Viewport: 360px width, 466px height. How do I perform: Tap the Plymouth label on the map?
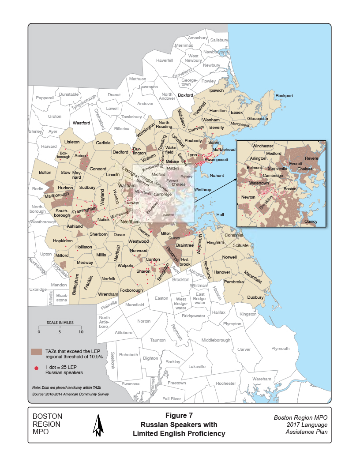click(x=280, y=349)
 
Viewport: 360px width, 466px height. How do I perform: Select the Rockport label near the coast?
click(x=284, y=96)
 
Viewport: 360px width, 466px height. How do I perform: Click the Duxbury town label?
click(x=255, y=297)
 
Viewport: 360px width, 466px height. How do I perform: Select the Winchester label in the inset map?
click(x=263, y=145)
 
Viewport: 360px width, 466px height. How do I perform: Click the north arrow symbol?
click(x=98, y=426)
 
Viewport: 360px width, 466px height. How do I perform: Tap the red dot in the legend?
click(x=35, y=367)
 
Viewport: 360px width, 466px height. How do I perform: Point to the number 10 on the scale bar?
click(x=80, y=331)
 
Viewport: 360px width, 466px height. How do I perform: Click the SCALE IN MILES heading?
click(x=60, y=323)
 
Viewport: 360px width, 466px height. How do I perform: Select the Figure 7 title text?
click(x=179, y=415)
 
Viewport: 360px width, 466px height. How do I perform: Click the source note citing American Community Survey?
click(x=71, y=394)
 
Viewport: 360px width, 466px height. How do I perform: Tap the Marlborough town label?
click(x=56, y=195)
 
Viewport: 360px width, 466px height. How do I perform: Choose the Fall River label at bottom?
click(x=172, y=398)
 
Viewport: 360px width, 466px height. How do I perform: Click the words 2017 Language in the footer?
click(x=301, y=425)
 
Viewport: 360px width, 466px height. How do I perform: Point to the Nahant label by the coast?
click(x=211, y=175)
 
